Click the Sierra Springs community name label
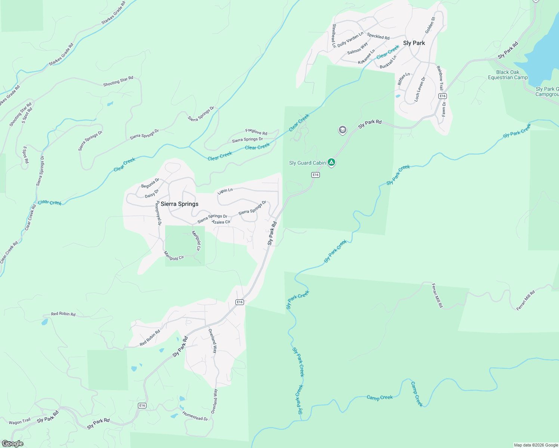(179, 204)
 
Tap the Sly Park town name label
(414, 43)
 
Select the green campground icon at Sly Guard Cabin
(331, 162)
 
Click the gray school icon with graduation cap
(342, 130)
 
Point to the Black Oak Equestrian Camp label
(508, 75)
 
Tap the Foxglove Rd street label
(256, 132)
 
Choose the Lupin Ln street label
(225, 191)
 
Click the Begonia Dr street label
(150, 183)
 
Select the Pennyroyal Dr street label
(158, 214)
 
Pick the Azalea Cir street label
(221, 222)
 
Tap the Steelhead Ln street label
(334, 36)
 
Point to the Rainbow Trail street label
(440, 78)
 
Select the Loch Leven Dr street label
(420, 90)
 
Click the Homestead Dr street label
(195, 416)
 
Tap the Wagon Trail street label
(20, 421)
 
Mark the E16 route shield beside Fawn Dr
(442, 96)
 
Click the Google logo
(12, 444)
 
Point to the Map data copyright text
(536, 445)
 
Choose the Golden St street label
(430, 25)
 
